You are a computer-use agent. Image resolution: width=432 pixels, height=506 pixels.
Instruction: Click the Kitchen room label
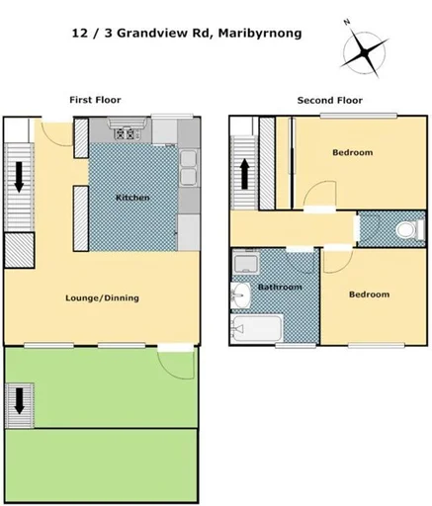click(132, 198)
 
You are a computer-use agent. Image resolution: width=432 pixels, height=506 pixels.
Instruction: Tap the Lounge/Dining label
click(102, 297)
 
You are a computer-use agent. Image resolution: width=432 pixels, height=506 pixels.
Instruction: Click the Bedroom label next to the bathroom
click(368, 295)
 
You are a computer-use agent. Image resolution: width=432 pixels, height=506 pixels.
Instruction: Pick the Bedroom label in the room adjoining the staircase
click(352, 152)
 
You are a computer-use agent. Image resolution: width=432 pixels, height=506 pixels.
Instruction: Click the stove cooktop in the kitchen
click(126, 133)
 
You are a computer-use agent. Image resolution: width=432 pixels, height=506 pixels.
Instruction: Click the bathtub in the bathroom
click(256, 328)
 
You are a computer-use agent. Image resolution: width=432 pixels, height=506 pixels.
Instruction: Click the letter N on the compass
click(346, 21)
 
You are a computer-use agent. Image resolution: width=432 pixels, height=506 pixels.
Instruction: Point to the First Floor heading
click(95, 100)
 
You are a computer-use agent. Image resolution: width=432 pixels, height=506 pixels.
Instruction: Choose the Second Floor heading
click(330, 100)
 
